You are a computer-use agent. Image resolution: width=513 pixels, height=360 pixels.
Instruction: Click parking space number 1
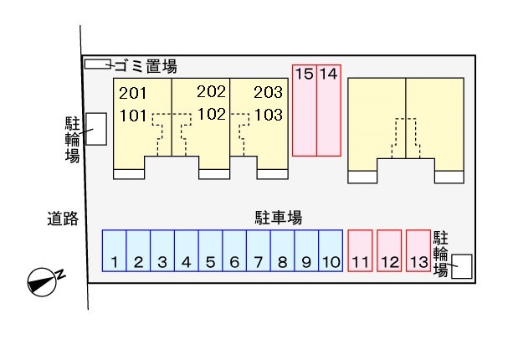(114, 250)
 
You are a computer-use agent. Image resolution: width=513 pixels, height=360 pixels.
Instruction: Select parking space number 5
(210, 250)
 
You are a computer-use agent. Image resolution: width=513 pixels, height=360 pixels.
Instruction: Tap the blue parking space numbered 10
(331, 250)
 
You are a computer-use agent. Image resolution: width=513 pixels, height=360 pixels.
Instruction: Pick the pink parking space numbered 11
(360, 250)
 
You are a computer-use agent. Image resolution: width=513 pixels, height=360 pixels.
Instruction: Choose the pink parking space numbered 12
(389, 250)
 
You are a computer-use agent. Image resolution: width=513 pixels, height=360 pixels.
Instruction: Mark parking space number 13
(418, 250)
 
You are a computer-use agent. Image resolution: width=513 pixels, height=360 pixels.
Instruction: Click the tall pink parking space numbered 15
(304, 110)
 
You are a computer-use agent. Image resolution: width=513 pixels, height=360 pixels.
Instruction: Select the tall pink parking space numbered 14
(329, 110)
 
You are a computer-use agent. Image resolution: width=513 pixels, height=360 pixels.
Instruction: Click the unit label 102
(212, 115)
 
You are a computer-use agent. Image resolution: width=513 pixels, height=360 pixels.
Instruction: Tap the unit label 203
(269, 93)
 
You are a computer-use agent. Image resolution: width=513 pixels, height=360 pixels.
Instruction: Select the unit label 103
(269, 115)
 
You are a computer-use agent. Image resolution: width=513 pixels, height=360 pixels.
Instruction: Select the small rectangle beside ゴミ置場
(97, 64)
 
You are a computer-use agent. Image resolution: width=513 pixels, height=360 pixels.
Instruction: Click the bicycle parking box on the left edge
(96, 129)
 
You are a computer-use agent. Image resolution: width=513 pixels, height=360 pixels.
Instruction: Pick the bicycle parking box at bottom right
(461, 267)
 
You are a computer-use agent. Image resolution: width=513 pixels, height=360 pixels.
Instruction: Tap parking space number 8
(283, 250)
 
